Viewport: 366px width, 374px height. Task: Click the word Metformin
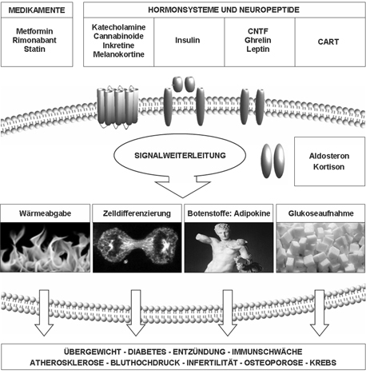click(34, 31)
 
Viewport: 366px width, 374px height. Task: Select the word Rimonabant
click(34, 40)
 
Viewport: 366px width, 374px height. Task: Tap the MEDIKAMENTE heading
click(37, 10)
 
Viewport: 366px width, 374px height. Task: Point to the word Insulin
click(188, 40)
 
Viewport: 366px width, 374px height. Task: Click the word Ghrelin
click(258, 40)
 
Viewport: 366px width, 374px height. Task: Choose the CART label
click(328, 42)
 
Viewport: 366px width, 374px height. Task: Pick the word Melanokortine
click(119, 54)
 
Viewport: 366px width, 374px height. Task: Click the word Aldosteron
click(329, 156)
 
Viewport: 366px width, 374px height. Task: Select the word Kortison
click(328, 167)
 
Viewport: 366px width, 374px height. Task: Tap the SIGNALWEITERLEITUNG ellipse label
click(180, 155)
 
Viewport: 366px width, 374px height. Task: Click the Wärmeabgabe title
click(46, 213)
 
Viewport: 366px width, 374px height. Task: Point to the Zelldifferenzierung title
click(137, 213)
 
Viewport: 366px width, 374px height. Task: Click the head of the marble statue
click(223, 231)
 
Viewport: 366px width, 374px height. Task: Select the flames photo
click(45, 247)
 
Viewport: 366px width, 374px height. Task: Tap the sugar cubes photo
click(320, 247)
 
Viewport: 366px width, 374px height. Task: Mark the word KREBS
click(323, 363)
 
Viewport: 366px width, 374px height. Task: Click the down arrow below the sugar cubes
click(320, 312)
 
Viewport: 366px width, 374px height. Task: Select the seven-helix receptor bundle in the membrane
click(117, 107)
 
